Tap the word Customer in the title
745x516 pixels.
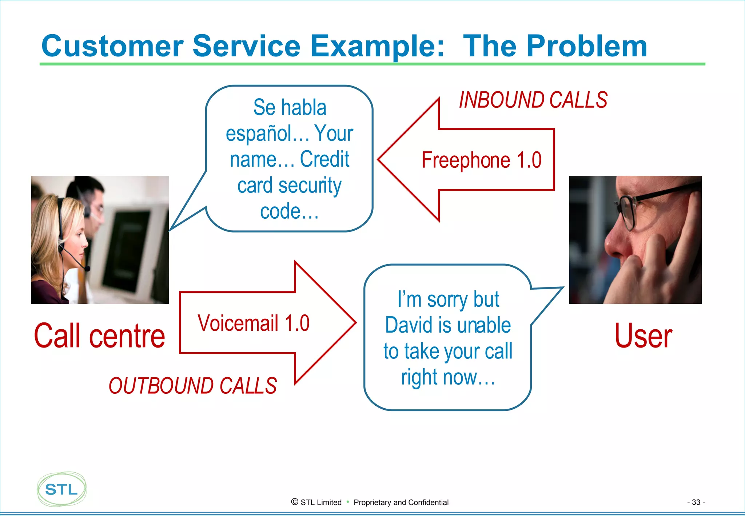tap(112, 46)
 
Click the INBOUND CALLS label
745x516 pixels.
tap(533, 100)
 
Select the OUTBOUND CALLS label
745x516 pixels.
tap(193, 386)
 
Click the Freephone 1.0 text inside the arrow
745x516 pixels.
tap(481, 160)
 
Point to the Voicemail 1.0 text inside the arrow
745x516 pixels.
tap(254, 323)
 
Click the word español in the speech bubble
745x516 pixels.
tap(267, 134)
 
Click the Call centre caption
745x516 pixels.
tap(99, 336)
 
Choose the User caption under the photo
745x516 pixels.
tap(643, 336)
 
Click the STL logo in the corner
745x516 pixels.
tap(61, 489)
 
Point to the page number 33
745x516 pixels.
tap(696, 502)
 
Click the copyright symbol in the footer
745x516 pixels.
tap(295, 502)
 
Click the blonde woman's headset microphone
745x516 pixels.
tap(87, 269)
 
